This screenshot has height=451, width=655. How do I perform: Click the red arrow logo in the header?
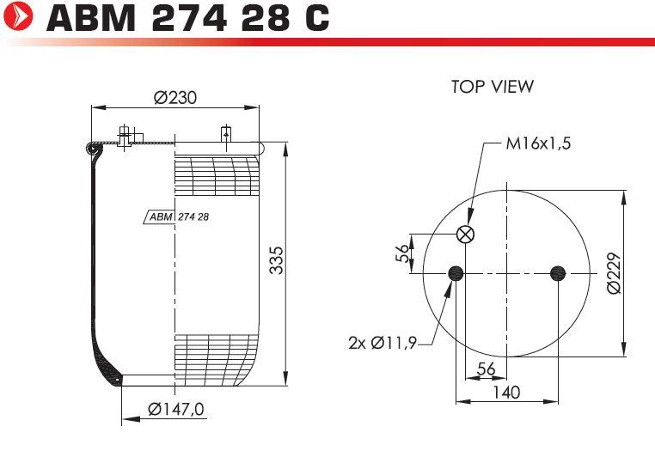[18, 15]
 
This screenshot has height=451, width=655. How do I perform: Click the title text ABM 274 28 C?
[188, 17]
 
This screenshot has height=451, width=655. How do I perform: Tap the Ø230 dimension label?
[175, 98]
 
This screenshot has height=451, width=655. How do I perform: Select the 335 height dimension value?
[276, 260]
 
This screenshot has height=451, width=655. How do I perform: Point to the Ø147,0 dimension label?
[176, 409]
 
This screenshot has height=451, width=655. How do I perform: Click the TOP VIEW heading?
[493, 87]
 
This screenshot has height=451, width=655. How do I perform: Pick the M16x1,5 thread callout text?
[538, 143]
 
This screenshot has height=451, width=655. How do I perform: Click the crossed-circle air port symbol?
[465, 234]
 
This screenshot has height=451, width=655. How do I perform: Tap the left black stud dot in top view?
[456, 273]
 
